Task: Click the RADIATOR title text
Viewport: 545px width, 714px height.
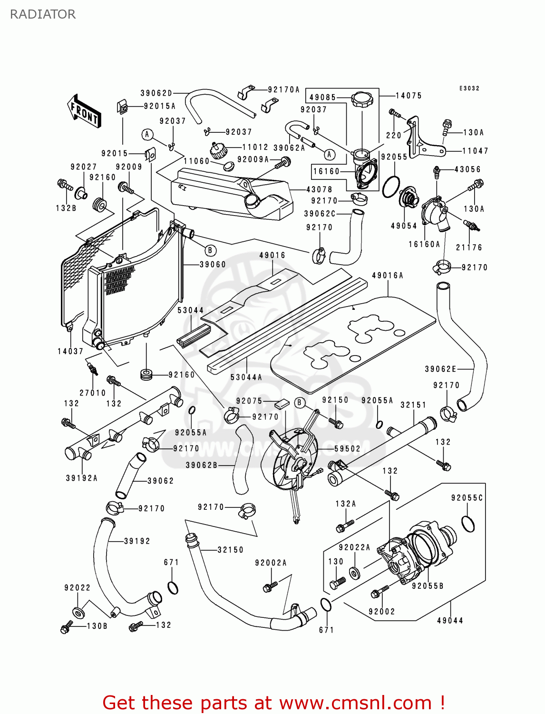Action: [x=43, y=14]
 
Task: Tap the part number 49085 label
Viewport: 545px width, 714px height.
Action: [x=322, y=98]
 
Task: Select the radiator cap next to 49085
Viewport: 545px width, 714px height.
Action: [x=362, y=100]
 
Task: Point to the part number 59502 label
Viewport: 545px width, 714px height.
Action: [x=347, y=449]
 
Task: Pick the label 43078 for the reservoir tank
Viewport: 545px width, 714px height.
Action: [x=319, y=189]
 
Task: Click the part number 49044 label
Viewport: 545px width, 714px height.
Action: [x=450, y=621]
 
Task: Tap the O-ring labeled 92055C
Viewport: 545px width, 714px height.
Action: [x=468, y=524]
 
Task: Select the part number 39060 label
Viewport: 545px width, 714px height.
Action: [x=213, y=265]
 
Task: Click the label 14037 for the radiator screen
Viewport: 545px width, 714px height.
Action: [x=70, y=352]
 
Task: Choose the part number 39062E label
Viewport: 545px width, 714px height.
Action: [x=440, y=369]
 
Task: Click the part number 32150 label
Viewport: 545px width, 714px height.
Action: [x=230, y=550]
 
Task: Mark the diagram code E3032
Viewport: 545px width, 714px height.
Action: [x=469, y=89]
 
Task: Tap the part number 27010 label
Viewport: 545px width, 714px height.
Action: [x=92, y=393]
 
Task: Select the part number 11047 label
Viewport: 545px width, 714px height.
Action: [x=475, y=151]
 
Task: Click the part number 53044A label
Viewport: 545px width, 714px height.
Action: [x=246, y=377]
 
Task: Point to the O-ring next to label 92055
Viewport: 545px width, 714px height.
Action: [x=390, y=186]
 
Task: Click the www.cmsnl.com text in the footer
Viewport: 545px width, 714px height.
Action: [x=355, y=703]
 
